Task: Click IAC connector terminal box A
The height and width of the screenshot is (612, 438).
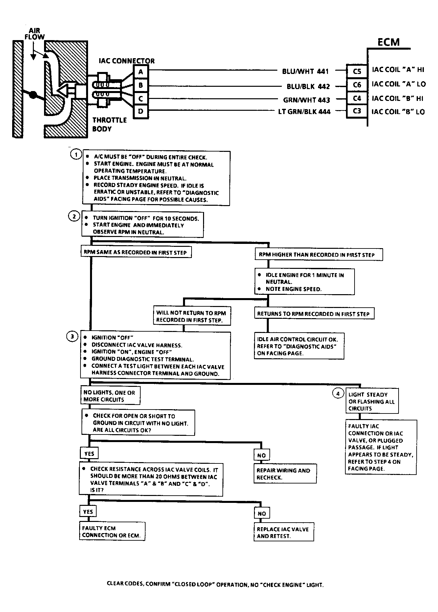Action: click(141, 72)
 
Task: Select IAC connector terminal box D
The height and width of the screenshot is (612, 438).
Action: click(141, 111)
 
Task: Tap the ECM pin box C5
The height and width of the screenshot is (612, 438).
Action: click(357, 71)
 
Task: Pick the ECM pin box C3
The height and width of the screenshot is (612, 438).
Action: click(357, 111)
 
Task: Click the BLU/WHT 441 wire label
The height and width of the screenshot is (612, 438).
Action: click(305, 71)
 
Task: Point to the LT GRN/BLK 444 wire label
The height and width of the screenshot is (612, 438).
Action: click(304, 112)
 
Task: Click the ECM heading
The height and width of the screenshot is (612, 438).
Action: click(388, 42)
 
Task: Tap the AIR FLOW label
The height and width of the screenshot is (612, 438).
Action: click(35, 34)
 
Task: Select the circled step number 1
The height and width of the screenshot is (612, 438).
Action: click(76, 154)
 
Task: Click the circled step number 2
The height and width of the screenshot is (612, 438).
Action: click(74, 216)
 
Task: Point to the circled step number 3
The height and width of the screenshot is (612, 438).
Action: click(72, 337)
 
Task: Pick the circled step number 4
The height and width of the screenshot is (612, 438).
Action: click(338, 393)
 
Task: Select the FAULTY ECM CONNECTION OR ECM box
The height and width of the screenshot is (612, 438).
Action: click(112, 531)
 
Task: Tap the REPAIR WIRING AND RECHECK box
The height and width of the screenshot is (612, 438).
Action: click(285, 474)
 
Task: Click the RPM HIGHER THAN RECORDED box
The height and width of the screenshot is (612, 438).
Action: click(319, 254)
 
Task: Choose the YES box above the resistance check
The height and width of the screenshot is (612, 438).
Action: click(89, 454)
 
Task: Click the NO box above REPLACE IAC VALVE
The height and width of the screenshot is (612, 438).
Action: click(262, 513)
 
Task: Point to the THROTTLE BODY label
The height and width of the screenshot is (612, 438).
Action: click(109, 124)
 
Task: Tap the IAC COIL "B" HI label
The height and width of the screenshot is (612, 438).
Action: click(398, 98)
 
